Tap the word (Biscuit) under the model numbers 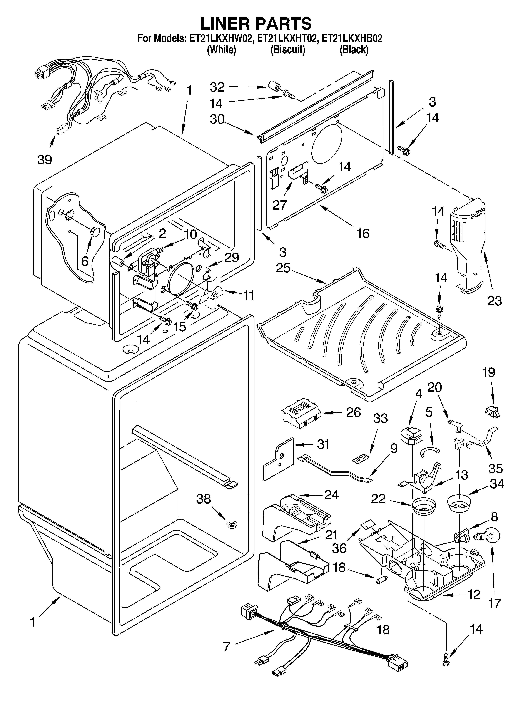pos(288,50)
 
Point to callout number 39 pos(45,160)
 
